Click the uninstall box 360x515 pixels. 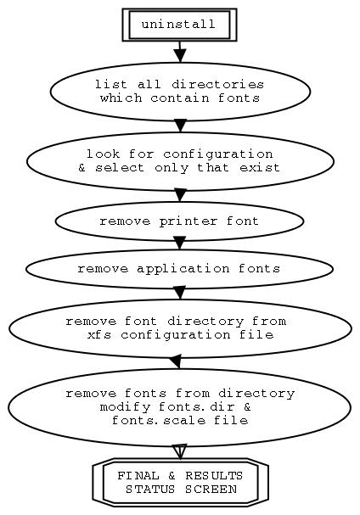click(179, 25)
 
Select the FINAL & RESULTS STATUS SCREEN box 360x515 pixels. click(181, 482)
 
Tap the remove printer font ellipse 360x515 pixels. click(179, 221)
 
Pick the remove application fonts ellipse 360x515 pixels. click(179, 269)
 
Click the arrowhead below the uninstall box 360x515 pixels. click(180, 55)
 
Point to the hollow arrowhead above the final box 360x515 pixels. click(180, 451)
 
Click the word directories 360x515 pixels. click(217, 85)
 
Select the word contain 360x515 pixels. click(180, 98)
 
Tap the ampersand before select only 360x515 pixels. click(82, 168)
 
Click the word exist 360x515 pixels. click(260, 168)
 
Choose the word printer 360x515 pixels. click(188, 221)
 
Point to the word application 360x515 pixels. click(183, 269)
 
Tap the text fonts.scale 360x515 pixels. click(159, 421)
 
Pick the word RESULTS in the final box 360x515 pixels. click(214, 476)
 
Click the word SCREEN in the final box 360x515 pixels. click(211, 490)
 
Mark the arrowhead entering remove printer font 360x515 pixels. click(180, 195)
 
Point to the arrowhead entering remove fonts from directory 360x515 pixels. click(176, 361)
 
